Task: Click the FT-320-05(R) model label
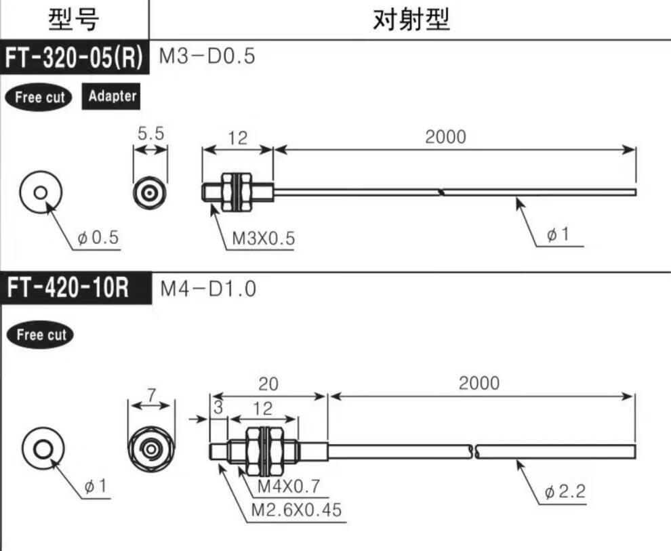74,57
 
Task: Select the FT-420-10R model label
68,287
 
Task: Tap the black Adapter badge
111,96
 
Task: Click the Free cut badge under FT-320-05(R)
39,97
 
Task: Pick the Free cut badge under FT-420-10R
41,335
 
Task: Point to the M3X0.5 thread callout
263,239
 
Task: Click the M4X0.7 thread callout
289,486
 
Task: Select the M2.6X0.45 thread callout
296,510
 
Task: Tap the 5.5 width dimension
150,134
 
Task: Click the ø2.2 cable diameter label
565,491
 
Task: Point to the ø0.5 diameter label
98,237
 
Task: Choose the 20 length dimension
268,384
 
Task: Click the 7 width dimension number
151,396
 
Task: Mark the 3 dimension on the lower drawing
218,407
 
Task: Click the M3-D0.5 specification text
207,56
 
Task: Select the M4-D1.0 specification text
208,289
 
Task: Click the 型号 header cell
74,20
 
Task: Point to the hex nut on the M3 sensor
237,192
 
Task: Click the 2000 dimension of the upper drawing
445,137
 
